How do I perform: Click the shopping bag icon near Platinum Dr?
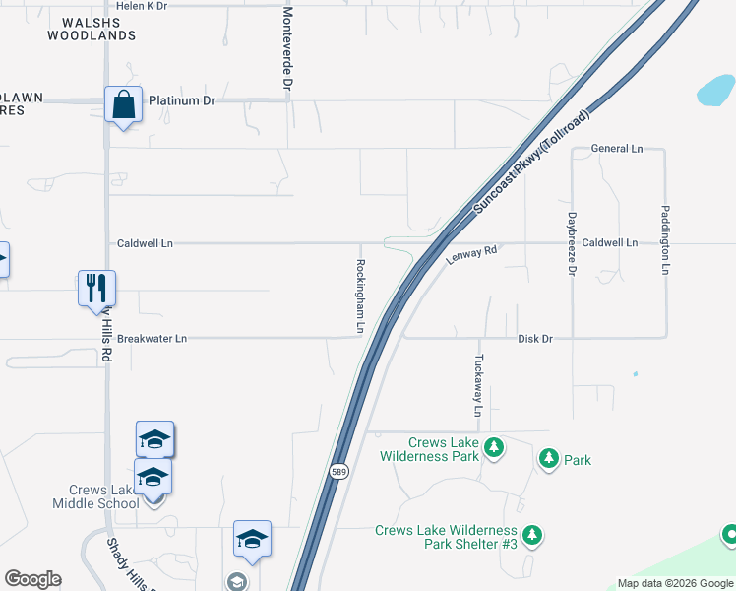point(124,103)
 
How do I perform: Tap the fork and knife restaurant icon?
point(96,288)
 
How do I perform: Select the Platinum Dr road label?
point(182,100)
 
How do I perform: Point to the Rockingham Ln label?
point(360,295)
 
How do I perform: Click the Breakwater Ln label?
point(152,339)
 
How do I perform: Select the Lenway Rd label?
point(472,255)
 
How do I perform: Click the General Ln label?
point(617,149)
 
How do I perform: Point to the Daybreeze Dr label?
point(572,241)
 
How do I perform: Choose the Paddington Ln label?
point(665,239)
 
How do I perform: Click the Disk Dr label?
point(535,339)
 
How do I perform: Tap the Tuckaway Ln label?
point(479,385)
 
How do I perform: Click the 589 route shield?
point(338,471)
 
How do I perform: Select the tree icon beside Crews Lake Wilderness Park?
point(494,448)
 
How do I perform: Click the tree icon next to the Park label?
point(548,458)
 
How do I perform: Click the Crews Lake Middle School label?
point(104,496)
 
